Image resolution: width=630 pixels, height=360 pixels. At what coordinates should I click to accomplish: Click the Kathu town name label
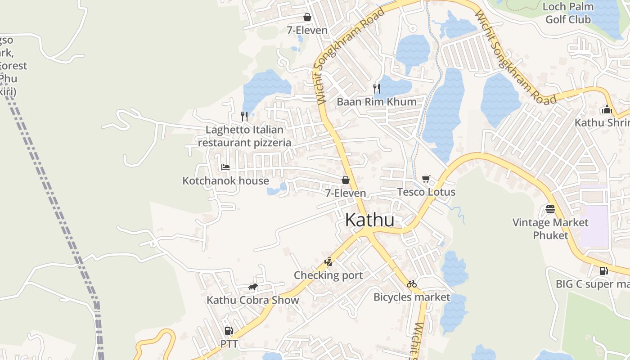369,220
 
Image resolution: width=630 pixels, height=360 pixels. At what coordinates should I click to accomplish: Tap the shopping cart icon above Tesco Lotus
426,179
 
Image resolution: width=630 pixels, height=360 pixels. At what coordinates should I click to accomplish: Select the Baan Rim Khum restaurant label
377,102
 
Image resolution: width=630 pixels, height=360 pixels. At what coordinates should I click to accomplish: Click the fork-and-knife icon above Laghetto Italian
244,117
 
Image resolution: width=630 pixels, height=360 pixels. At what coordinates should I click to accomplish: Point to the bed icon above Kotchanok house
225,167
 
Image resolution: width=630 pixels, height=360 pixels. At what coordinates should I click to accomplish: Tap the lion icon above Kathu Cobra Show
253,287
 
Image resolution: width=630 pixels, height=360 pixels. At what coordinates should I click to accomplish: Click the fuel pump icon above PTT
229,331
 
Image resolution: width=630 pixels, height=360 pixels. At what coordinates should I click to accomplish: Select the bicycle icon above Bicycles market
411,284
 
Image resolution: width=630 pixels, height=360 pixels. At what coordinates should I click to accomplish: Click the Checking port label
328,275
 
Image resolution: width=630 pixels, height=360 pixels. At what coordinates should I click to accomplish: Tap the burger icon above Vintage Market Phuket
550,209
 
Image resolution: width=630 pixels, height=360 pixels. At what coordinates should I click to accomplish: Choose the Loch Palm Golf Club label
568,13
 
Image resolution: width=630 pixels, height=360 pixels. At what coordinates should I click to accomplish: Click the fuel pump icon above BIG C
603,271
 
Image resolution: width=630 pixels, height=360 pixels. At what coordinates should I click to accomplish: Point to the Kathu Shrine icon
607,110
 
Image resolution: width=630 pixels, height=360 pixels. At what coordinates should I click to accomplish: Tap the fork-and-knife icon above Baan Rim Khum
377,88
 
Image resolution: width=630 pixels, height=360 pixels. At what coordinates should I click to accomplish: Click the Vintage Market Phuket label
550,229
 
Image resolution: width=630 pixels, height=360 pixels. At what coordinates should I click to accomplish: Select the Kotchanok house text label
225,181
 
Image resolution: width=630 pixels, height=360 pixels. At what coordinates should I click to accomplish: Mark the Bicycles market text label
411,297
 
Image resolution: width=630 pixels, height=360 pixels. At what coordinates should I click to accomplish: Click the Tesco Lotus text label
426,192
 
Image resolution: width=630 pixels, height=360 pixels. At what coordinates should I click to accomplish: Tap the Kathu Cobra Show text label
252,300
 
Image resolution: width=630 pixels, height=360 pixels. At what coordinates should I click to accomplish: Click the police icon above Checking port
328,262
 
